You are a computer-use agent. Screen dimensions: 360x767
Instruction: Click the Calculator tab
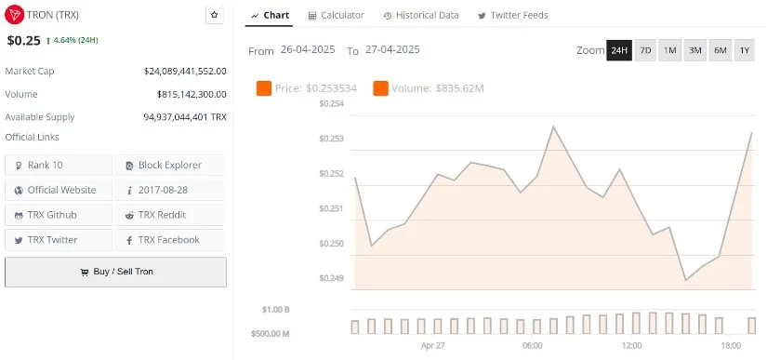click(336, 16)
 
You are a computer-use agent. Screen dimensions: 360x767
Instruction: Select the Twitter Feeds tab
click(512, 16)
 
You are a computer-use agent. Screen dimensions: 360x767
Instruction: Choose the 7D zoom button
click(644, 50)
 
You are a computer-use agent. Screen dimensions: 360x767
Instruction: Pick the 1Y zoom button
click(745, 50)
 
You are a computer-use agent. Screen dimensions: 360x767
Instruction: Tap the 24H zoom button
click(618, 50)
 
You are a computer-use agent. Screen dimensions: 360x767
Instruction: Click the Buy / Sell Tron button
click(116, 272)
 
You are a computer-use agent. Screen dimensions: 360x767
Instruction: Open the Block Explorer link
click(170, 165)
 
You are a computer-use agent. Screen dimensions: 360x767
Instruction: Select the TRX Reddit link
click(170, 215)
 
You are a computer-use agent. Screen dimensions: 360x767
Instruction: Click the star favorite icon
click(215, 16)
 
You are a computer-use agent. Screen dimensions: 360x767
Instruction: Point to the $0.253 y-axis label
click(332, 139)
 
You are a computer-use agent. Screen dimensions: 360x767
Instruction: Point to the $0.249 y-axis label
click(332, 278)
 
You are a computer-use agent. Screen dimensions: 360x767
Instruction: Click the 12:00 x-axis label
click(631, 345)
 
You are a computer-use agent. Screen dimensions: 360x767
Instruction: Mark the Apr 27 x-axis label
click(433, 345)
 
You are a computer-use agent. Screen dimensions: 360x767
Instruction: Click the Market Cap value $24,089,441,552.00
click(185, 71)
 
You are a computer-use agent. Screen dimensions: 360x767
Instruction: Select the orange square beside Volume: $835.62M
click(380, 88)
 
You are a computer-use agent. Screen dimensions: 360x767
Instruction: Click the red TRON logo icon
click(15, 16)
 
